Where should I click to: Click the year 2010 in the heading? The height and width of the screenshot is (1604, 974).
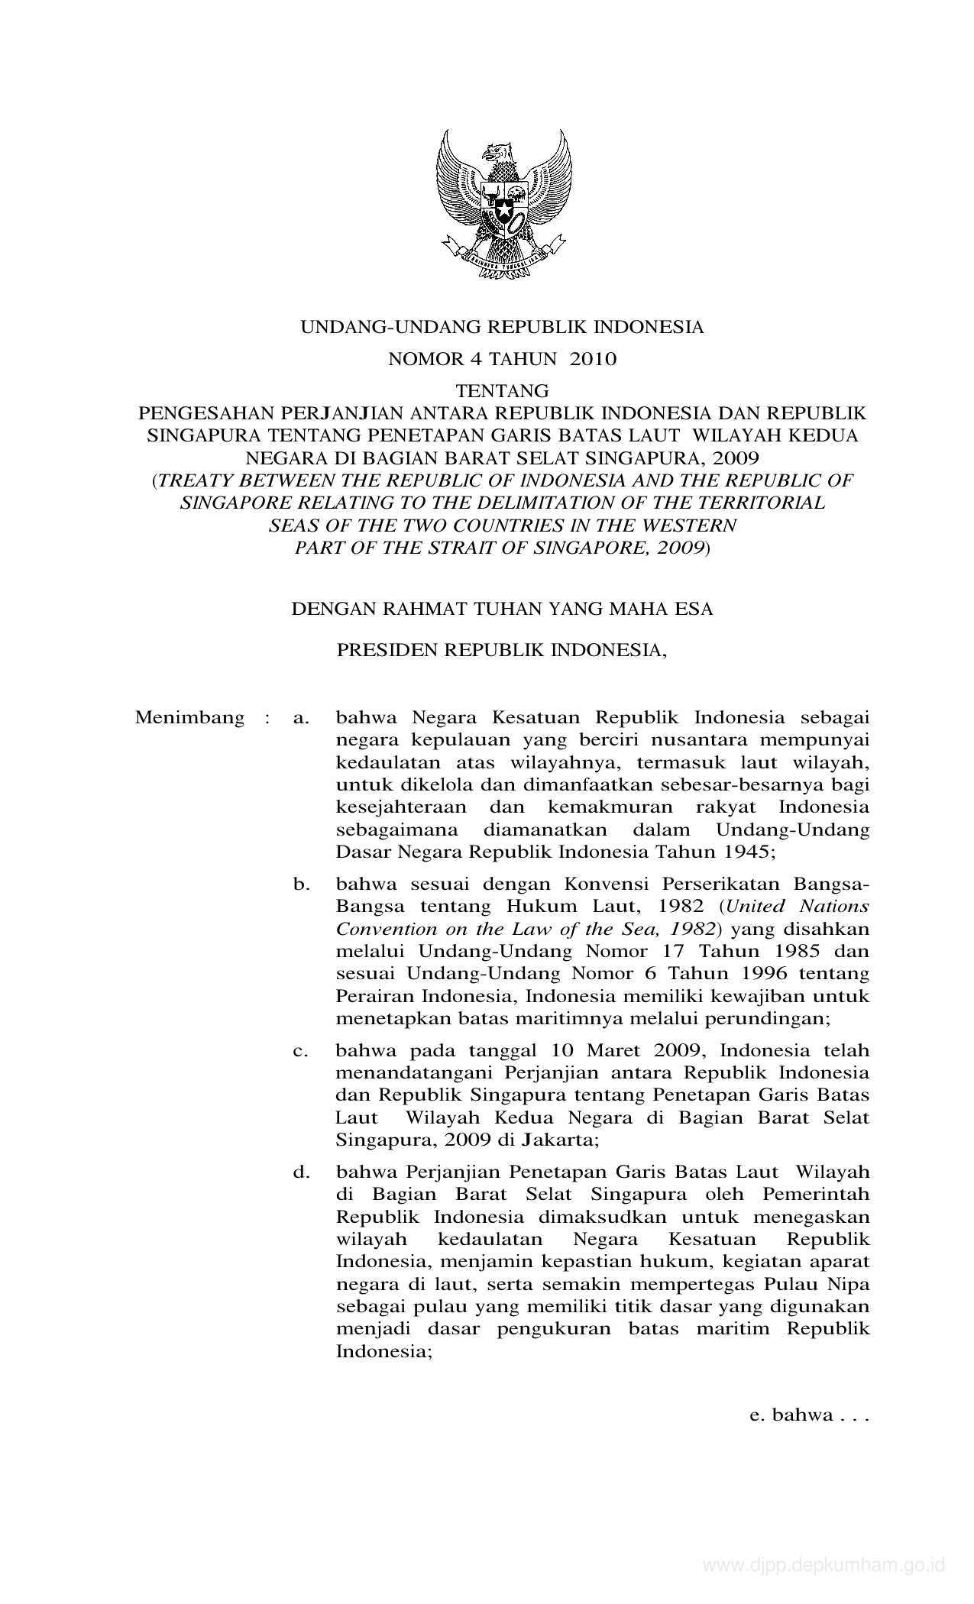[x=592, y=359]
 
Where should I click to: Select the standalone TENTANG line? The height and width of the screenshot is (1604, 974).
[x=502, y=391]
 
